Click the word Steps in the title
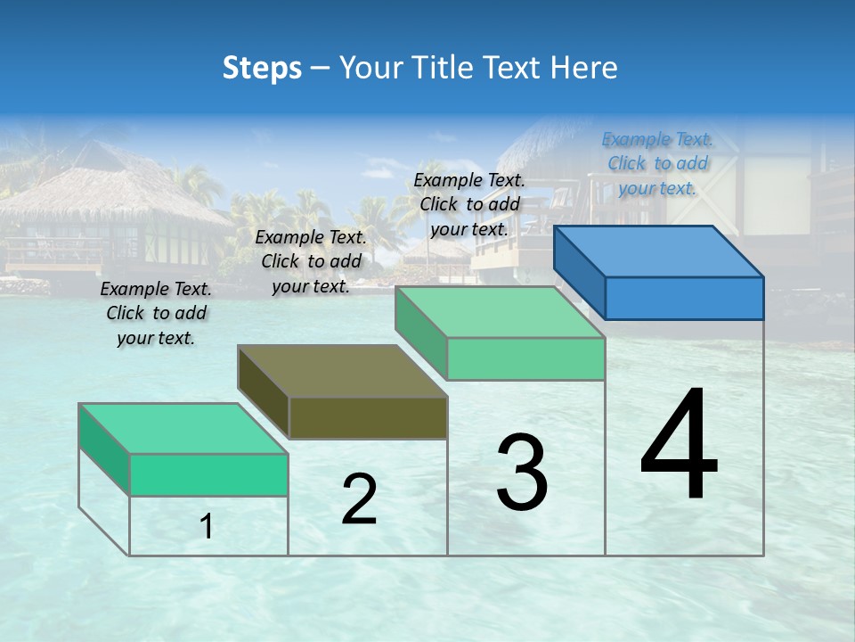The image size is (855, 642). tap(262, 68)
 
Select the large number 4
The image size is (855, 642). tap(679, 445)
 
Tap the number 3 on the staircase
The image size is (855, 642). tap(522, 472)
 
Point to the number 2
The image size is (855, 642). tap(359, 498)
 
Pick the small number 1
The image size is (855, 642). tap(207, 527)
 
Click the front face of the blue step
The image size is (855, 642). tap(684, 298)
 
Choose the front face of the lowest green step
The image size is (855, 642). tap(208, 474)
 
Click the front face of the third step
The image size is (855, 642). tap(525, 358)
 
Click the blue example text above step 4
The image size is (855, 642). tap(657, 163)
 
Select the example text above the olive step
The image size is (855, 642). tap(311, 261)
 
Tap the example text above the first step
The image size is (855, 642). tap(156, 313)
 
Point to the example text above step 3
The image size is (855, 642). tap(469, 204)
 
